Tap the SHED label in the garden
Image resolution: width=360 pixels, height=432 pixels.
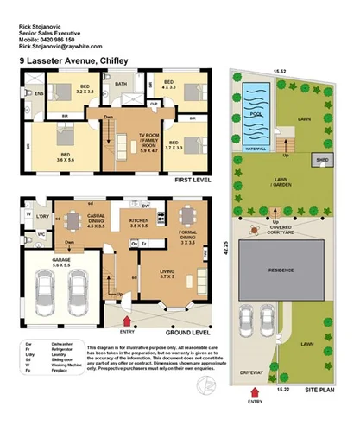click(322, 161)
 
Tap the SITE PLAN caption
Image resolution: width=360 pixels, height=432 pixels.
click(323, 391)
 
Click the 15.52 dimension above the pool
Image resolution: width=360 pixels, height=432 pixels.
click(280, 73)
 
